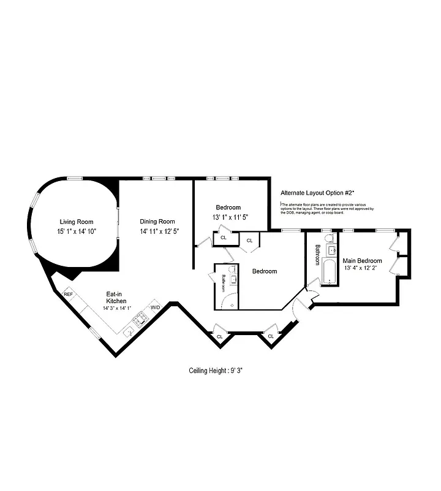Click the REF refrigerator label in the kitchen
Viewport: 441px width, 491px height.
point(68,295)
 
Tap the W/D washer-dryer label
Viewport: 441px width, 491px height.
point(155,307)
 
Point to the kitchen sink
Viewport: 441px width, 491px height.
point(129,332)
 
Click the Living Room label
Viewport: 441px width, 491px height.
point(75,222)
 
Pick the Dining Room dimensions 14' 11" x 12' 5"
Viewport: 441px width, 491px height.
point(157,231)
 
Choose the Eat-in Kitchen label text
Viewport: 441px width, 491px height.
point(116,298)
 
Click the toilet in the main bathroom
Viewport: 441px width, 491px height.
point(328,238)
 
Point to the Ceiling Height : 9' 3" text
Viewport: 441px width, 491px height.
point(219,371)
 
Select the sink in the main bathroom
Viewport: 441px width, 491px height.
point(331,250)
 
